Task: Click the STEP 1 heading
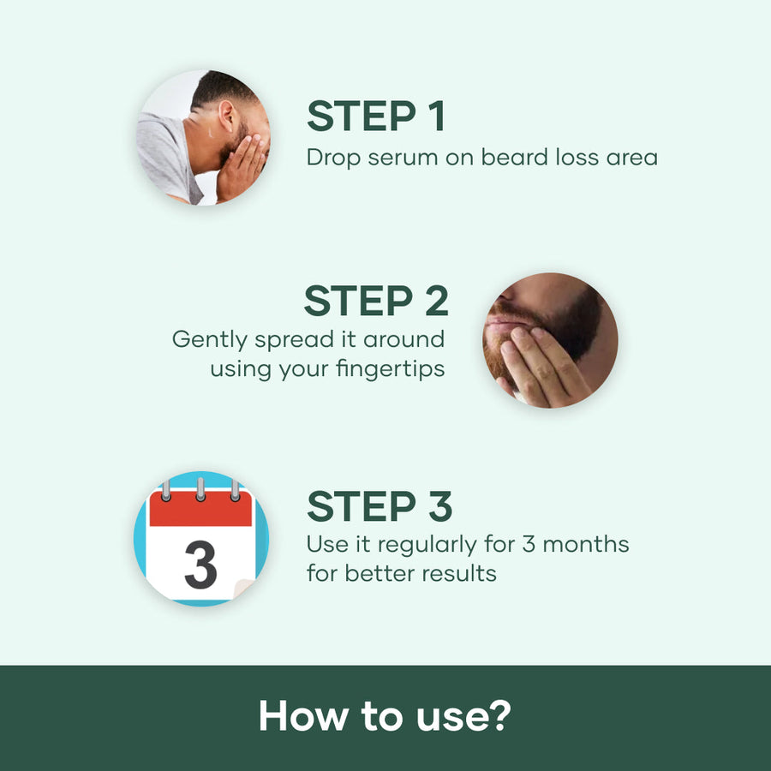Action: pos(376,117)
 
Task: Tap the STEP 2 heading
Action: pos(375,302)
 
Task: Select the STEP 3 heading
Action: pos(380,507)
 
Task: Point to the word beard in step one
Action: pos(532,158)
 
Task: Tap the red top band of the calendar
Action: pos(200,511)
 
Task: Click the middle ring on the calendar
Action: pos(200,488)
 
